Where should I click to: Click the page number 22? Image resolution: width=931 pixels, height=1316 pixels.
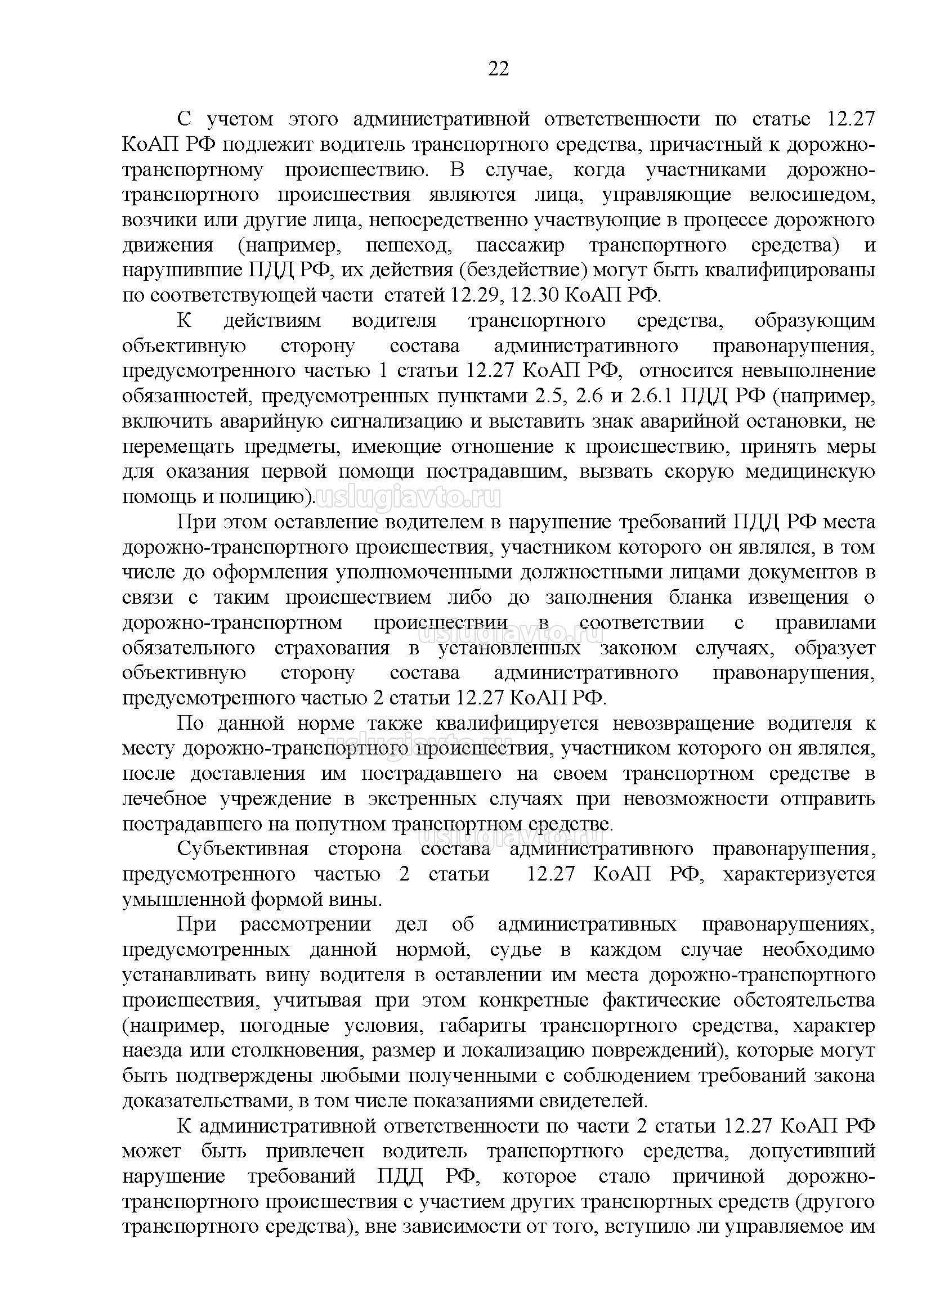coord(498,69)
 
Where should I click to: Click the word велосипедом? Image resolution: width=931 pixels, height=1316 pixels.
coord(812,195)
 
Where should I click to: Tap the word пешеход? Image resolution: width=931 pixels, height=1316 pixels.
coord(408,245)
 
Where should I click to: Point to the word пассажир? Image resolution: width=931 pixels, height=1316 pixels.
coord(520,245)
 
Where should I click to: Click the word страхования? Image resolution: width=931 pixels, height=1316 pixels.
coord(332,648)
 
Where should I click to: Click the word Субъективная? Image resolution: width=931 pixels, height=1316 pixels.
coord(243,850)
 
